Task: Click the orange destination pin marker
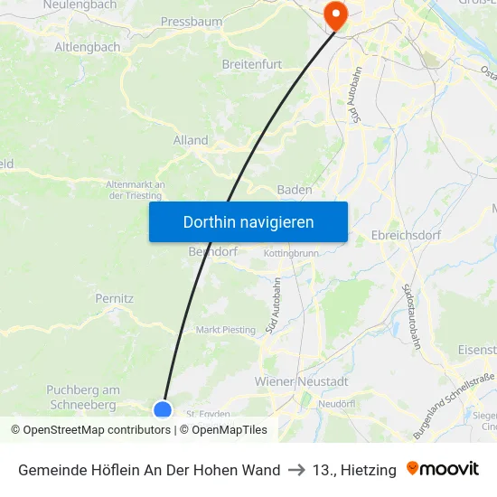(335, 13)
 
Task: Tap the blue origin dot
(163, 409)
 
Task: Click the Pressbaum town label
(191, 21)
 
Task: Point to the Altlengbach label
(87, 46)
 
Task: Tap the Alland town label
(191, 140)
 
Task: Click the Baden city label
(295, 190)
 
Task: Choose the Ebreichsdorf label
(405, 235)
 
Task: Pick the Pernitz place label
(115, 297)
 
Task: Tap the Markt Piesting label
(226, 330)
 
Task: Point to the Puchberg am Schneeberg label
(82, 397)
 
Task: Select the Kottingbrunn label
(291, 254)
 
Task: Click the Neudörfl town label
(341, 403)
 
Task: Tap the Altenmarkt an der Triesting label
(136, 190)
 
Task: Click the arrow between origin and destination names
(296, 470)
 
